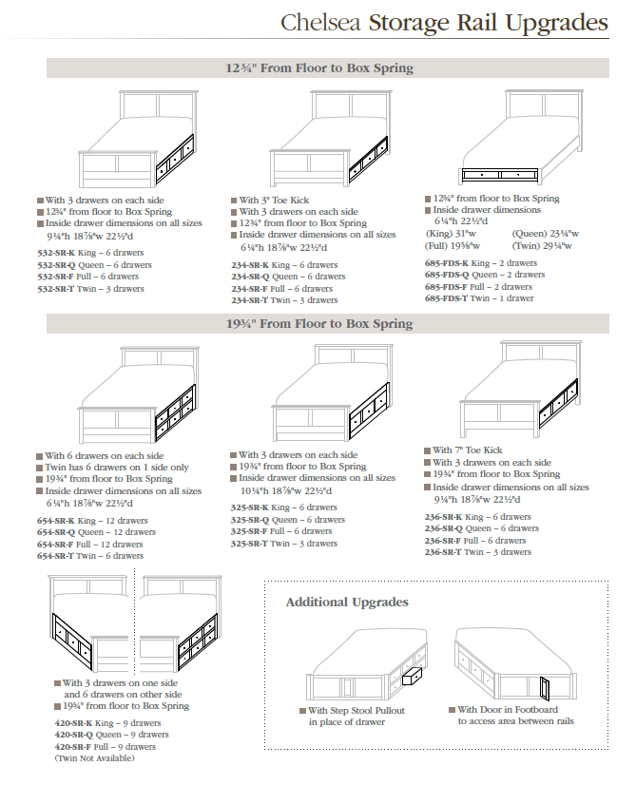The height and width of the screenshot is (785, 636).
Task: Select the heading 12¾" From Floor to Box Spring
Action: coord(319,68)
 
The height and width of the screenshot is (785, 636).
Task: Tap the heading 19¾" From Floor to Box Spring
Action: coord(319,324)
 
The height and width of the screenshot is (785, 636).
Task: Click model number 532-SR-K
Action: coord(57,254)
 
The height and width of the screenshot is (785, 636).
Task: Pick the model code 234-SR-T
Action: coord(252,300)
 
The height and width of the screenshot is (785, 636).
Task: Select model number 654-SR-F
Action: coord(57,545)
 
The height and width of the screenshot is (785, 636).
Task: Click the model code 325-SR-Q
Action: coord(250,520)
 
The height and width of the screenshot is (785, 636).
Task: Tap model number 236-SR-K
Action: coord(443,517)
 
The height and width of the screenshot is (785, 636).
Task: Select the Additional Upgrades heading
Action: coord(347,603)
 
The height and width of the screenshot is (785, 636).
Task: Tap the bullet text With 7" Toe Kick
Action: coord(468,450)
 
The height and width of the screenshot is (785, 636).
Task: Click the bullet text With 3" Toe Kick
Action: coord(275,201)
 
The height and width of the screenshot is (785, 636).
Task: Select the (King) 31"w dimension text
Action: coord(453,233)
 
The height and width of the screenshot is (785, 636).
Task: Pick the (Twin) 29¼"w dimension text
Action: coord(542,245)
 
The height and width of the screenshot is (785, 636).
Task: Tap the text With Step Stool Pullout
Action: coord(356,710)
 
